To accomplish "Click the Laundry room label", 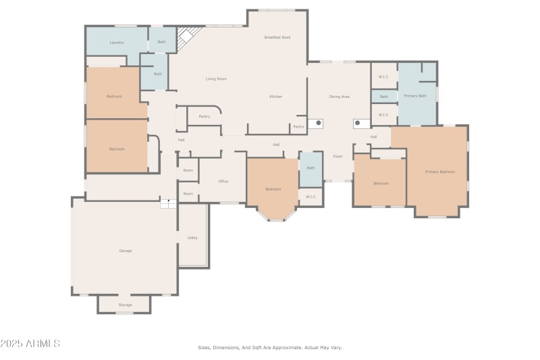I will coord(116,43).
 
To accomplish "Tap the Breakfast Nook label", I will coord(277,37).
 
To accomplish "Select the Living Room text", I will coord(216,79).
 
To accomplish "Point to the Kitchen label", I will coord(275,97).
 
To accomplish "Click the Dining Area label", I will coord(339,97).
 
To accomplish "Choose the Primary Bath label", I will coord(415,96).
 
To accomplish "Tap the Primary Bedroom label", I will coord(439,172).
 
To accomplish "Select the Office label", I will coord(223,181).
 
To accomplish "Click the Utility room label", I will coord(192,238).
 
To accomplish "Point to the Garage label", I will coord(126,251).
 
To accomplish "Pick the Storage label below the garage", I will coord(126,305).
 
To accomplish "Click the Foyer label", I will coord(337,156).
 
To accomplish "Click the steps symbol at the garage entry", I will coord(168,203).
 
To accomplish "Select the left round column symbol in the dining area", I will coord(319,124).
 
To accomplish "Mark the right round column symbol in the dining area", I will coord(357,124).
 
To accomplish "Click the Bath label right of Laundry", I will coord(161,42).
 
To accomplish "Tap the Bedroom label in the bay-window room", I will coord(273,189).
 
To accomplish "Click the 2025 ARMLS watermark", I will coord(30,344).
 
